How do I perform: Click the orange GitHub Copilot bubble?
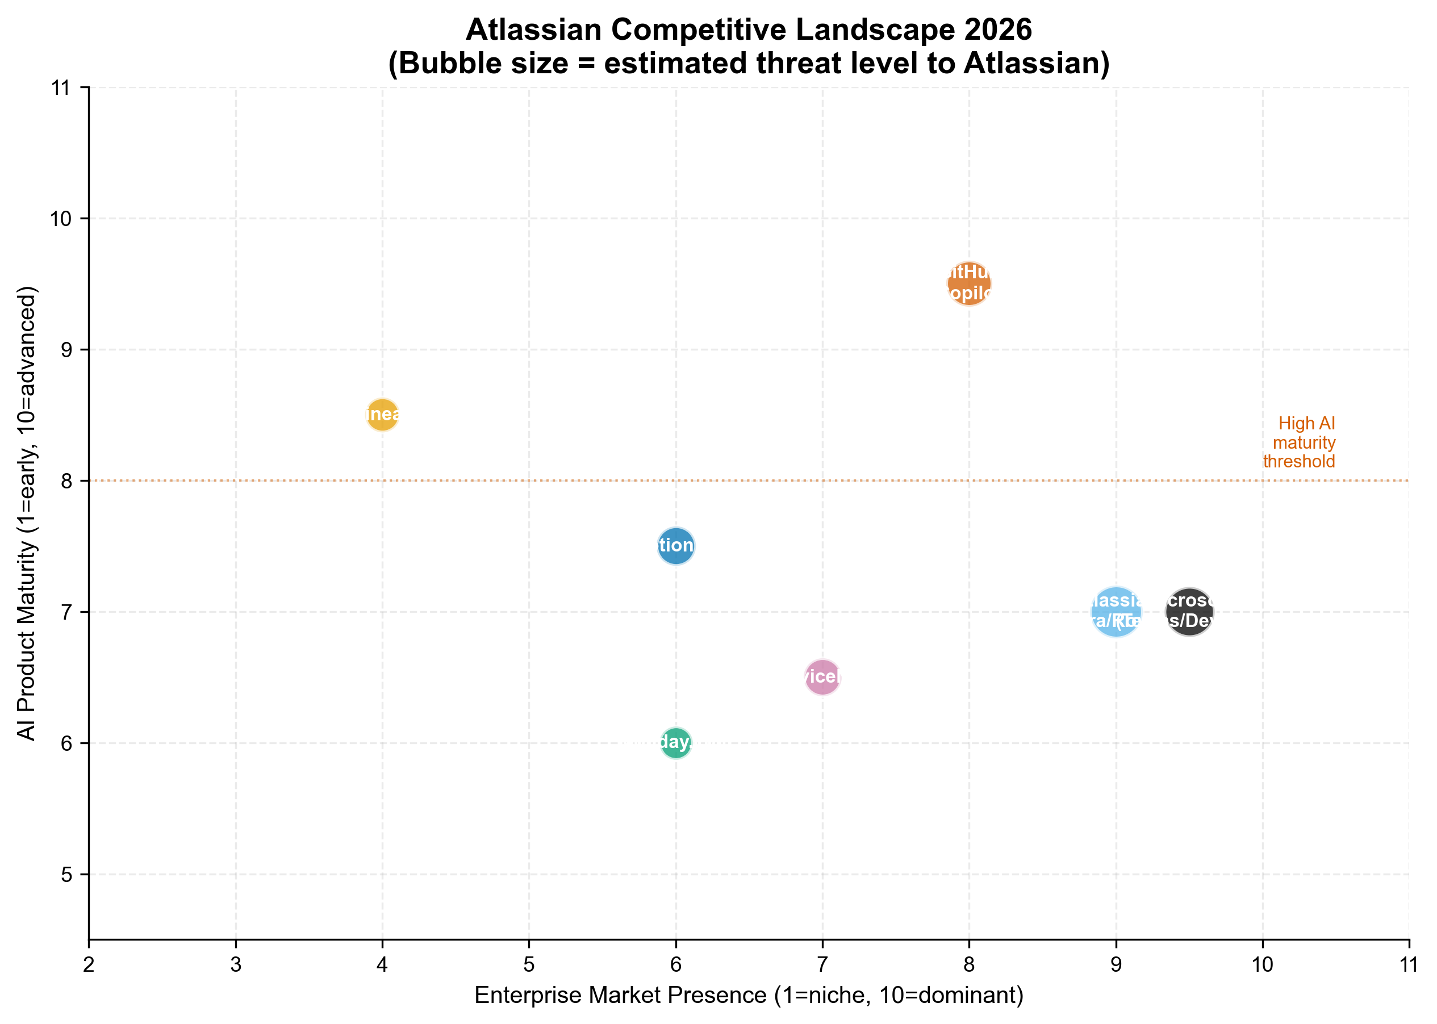968,283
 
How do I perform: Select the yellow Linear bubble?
382,415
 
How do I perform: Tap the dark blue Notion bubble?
675,545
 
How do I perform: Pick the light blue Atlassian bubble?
1116,612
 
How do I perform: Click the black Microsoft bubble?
1189,612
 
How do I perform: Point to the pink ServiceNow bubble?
822,677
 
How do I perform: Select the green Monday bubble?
676,743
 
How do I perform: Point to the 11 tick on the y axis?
61,87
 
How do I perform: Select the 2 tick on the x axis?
89,965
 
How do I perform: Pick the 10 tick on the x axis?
1262,965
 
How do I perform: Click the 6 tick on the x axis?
676,965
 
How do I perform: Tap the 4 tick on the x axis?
382,965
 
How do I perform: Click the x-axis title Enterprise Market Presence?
749,996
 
